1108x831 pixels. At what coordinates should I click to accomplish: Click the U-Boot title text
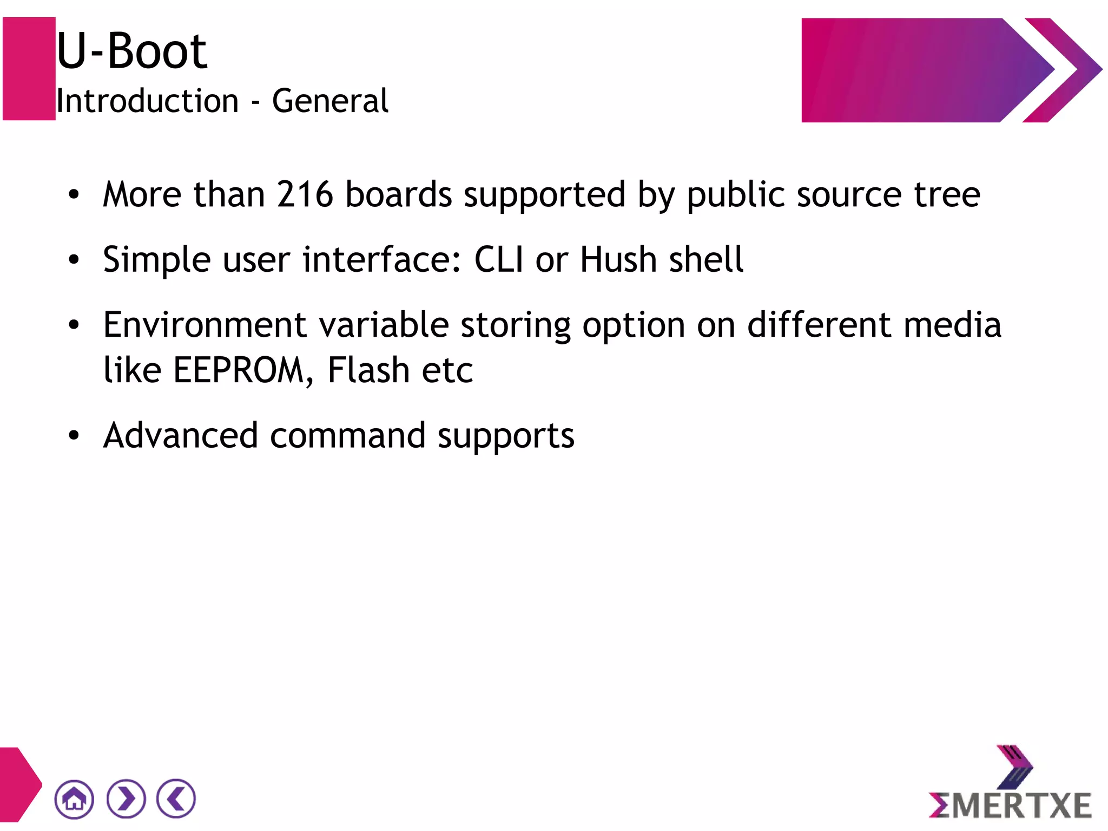[131, 51]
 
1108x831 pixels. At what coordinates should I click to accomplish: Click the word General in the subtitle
[329, 101]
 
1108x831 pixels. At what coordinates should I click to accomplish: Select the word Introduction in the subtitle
[147, 101]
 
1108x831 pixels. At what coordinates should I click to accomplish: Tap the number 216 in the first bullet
[305, 194]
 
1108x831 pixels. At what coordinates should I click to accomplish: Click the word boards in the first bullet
[398, 194]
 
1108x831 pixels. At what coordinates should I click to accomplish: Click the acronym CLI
[498, 259]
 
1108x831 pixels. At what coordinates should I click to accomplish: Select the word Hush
[618, 259]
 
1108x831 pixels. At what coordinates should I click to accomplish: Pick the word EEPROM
[239, 370]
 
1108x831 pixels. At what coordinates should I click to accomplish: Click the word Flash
[368, 370]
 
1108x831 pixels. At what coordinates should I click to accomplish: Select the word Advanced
[181, 435]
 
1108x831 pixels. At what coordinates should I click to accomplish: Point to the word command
[347, 436]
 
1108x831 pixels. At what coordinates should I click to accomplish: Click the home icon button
[74, 799]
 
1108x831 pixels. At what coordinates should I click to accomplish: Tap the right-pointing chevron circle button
[126, 799]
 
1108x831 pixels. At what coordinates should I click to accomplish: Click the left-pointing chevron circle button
[176, 799]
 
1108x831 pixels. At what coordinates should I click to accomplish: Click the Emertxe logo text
[1010, 805]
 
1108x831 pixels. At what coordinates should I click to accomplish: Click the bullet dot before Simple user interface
[74, 260]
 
